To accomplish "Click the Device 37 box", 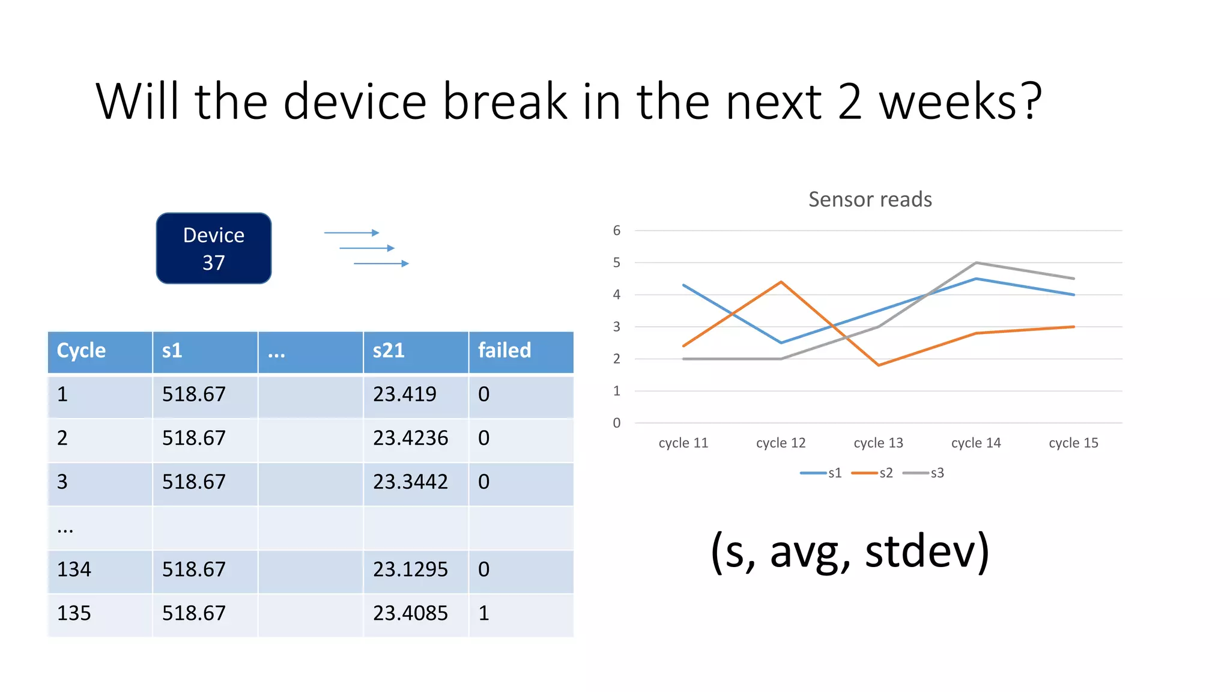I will (x=213, y=248).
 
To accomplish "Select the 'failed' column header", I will (x=504, y=350).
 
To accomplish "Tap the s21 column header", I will (x=389, y=350).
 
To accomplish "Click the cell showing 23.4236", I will (x=410, y=438).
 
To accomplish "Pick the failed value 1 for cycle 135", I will (x=484, y=613).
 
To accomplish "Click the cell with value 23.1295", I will (x=410, y=569).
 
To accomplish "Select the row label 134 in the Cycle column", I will (x=74, y=569).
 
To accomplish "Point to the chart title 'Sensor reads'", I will (x=870, y=199).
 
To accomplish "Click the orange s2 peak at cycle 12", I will (x=781, y=282).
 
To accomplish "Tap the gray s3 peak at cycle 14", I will (x=976, y=263).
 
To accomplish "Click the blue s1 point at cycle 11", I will (x=684, y=285).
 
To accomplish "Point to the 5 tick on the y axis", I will (x=616, y=263).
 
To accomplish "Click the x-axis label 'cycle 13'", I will (x=878, y=443).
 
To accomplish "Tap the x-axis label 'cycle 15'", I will (x=1073, y=443).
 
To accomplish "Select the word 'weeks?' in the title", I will (x=960, y=102).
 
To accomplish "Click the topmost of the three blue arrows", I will (x=351, y=232).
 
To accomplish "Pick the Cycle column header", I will (x=81, y=350).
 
